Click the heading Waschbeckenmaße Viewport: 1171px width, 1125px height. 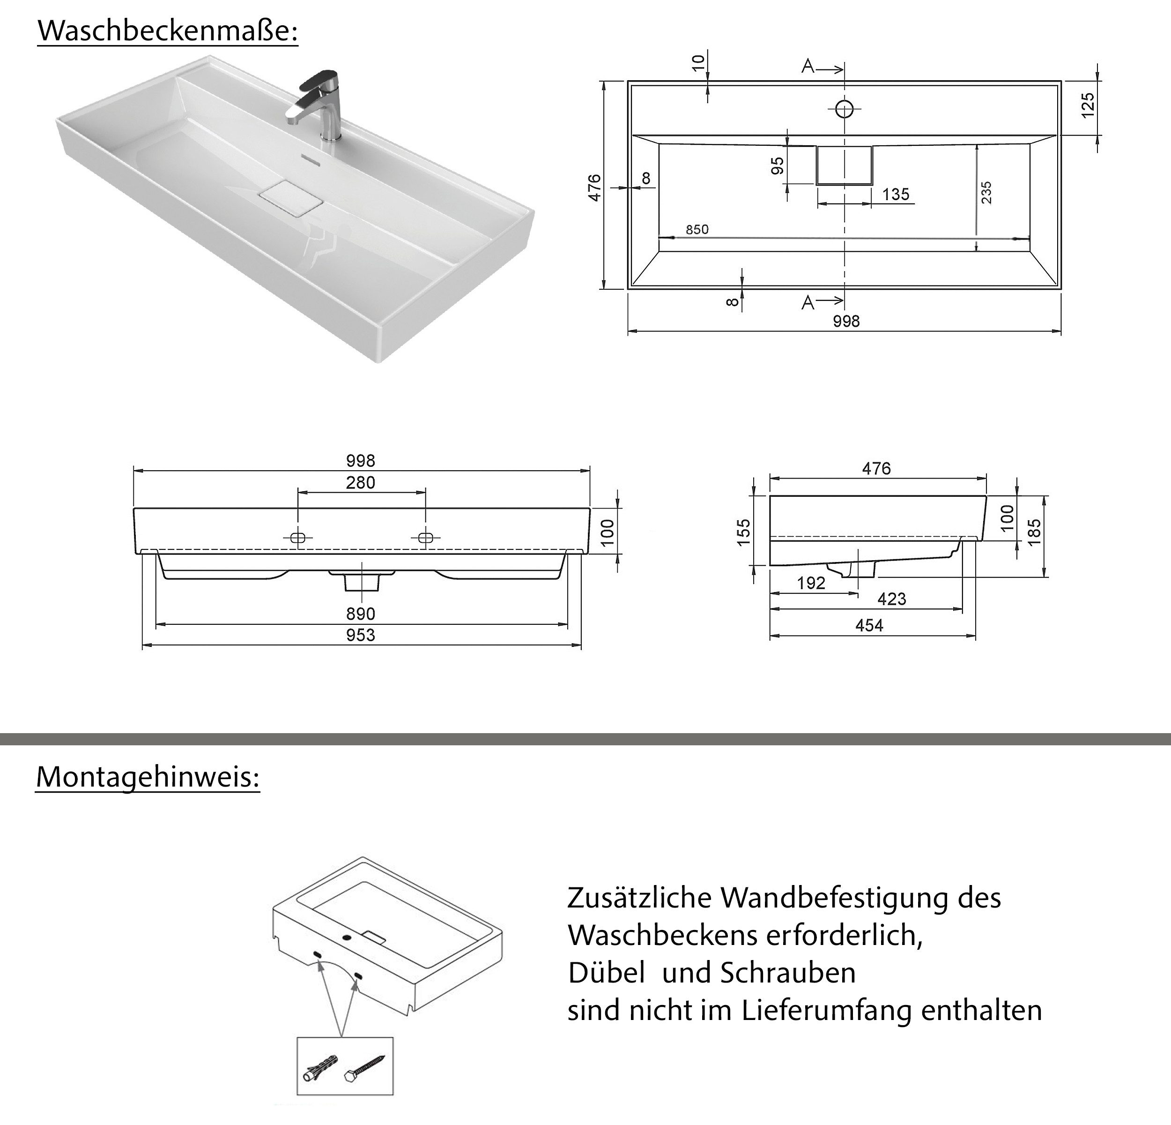167,31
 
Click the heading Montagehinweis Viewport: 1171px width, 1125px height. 148,777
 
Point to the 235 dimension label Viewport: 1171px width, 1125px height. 986,193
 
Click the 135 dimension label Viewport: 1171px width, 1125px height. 895,194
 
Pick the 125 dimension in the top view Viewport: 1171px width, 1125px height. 1089,105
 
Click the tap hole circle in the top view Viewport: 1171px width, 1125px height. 844,109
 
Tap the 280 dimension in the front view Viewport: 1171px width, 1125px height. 360,482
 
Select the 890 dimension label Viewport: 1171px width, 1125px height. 360,614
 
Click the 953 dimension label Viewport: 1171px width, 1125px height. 360,635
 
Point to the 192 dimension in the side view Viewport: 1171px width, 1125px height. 811,583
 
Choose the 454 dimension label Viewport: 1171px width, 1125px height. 869,625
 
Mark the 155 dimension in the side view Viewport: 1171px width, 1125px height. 744,532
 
